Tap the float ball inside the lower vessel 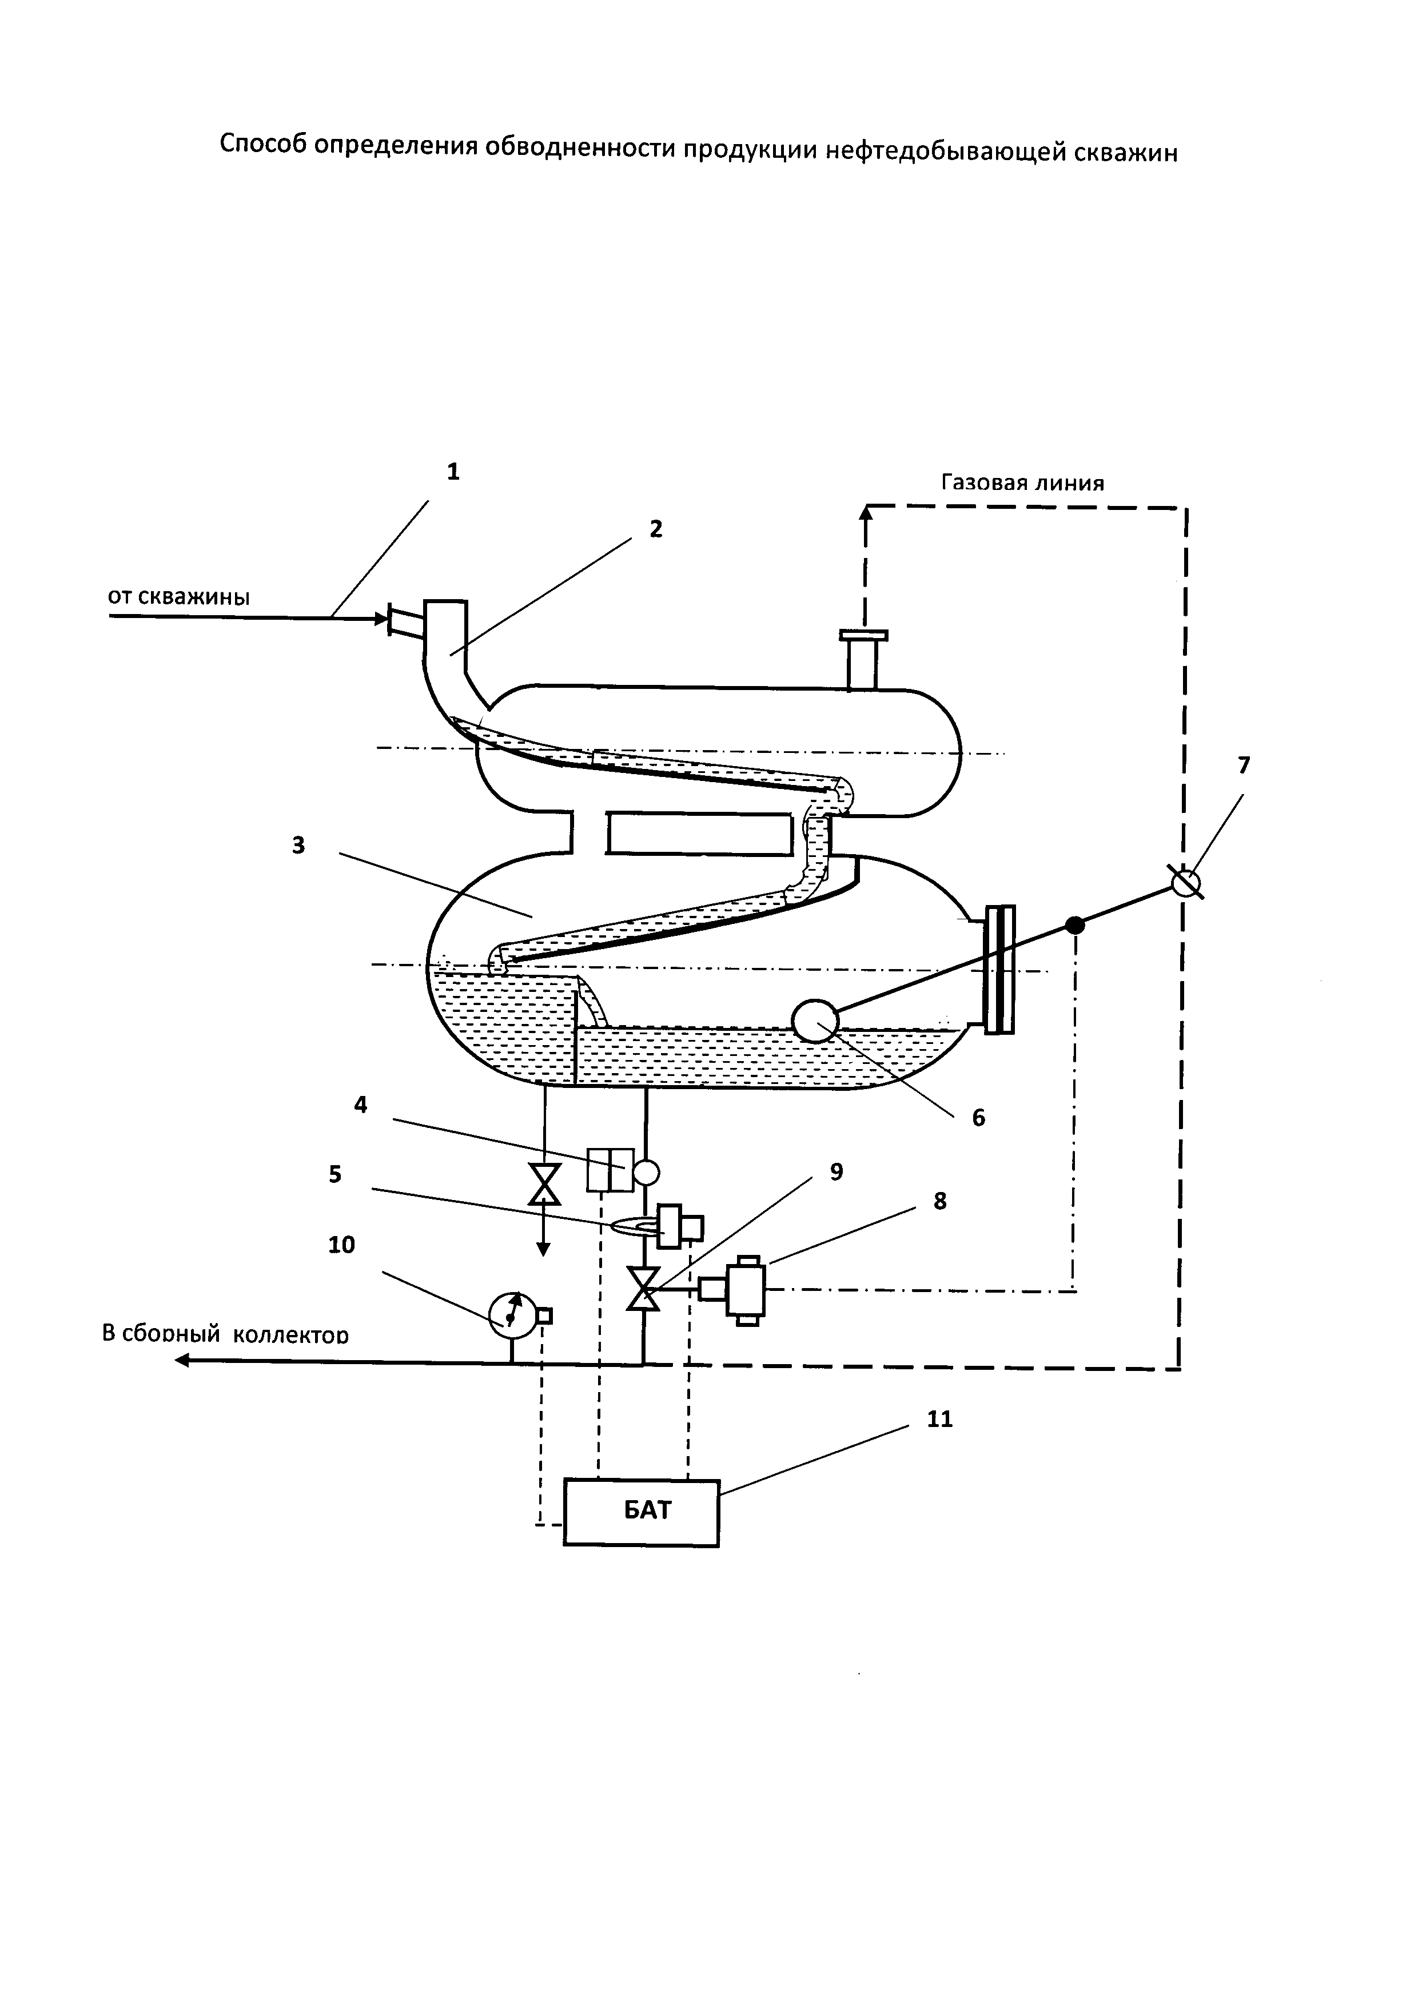[x=814, y=1020]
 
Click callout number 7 [x=1244, y=766]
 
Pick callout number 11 [x=939, y=1419]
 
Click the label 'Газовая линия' [x=1022, y=482]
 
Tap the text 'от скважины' [x=179, y=597]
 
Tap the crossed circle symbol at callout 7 [x=1185, y=883]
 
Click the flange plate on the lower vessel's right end [x=999, y=969]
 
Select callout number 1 [x=452, y=472]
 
